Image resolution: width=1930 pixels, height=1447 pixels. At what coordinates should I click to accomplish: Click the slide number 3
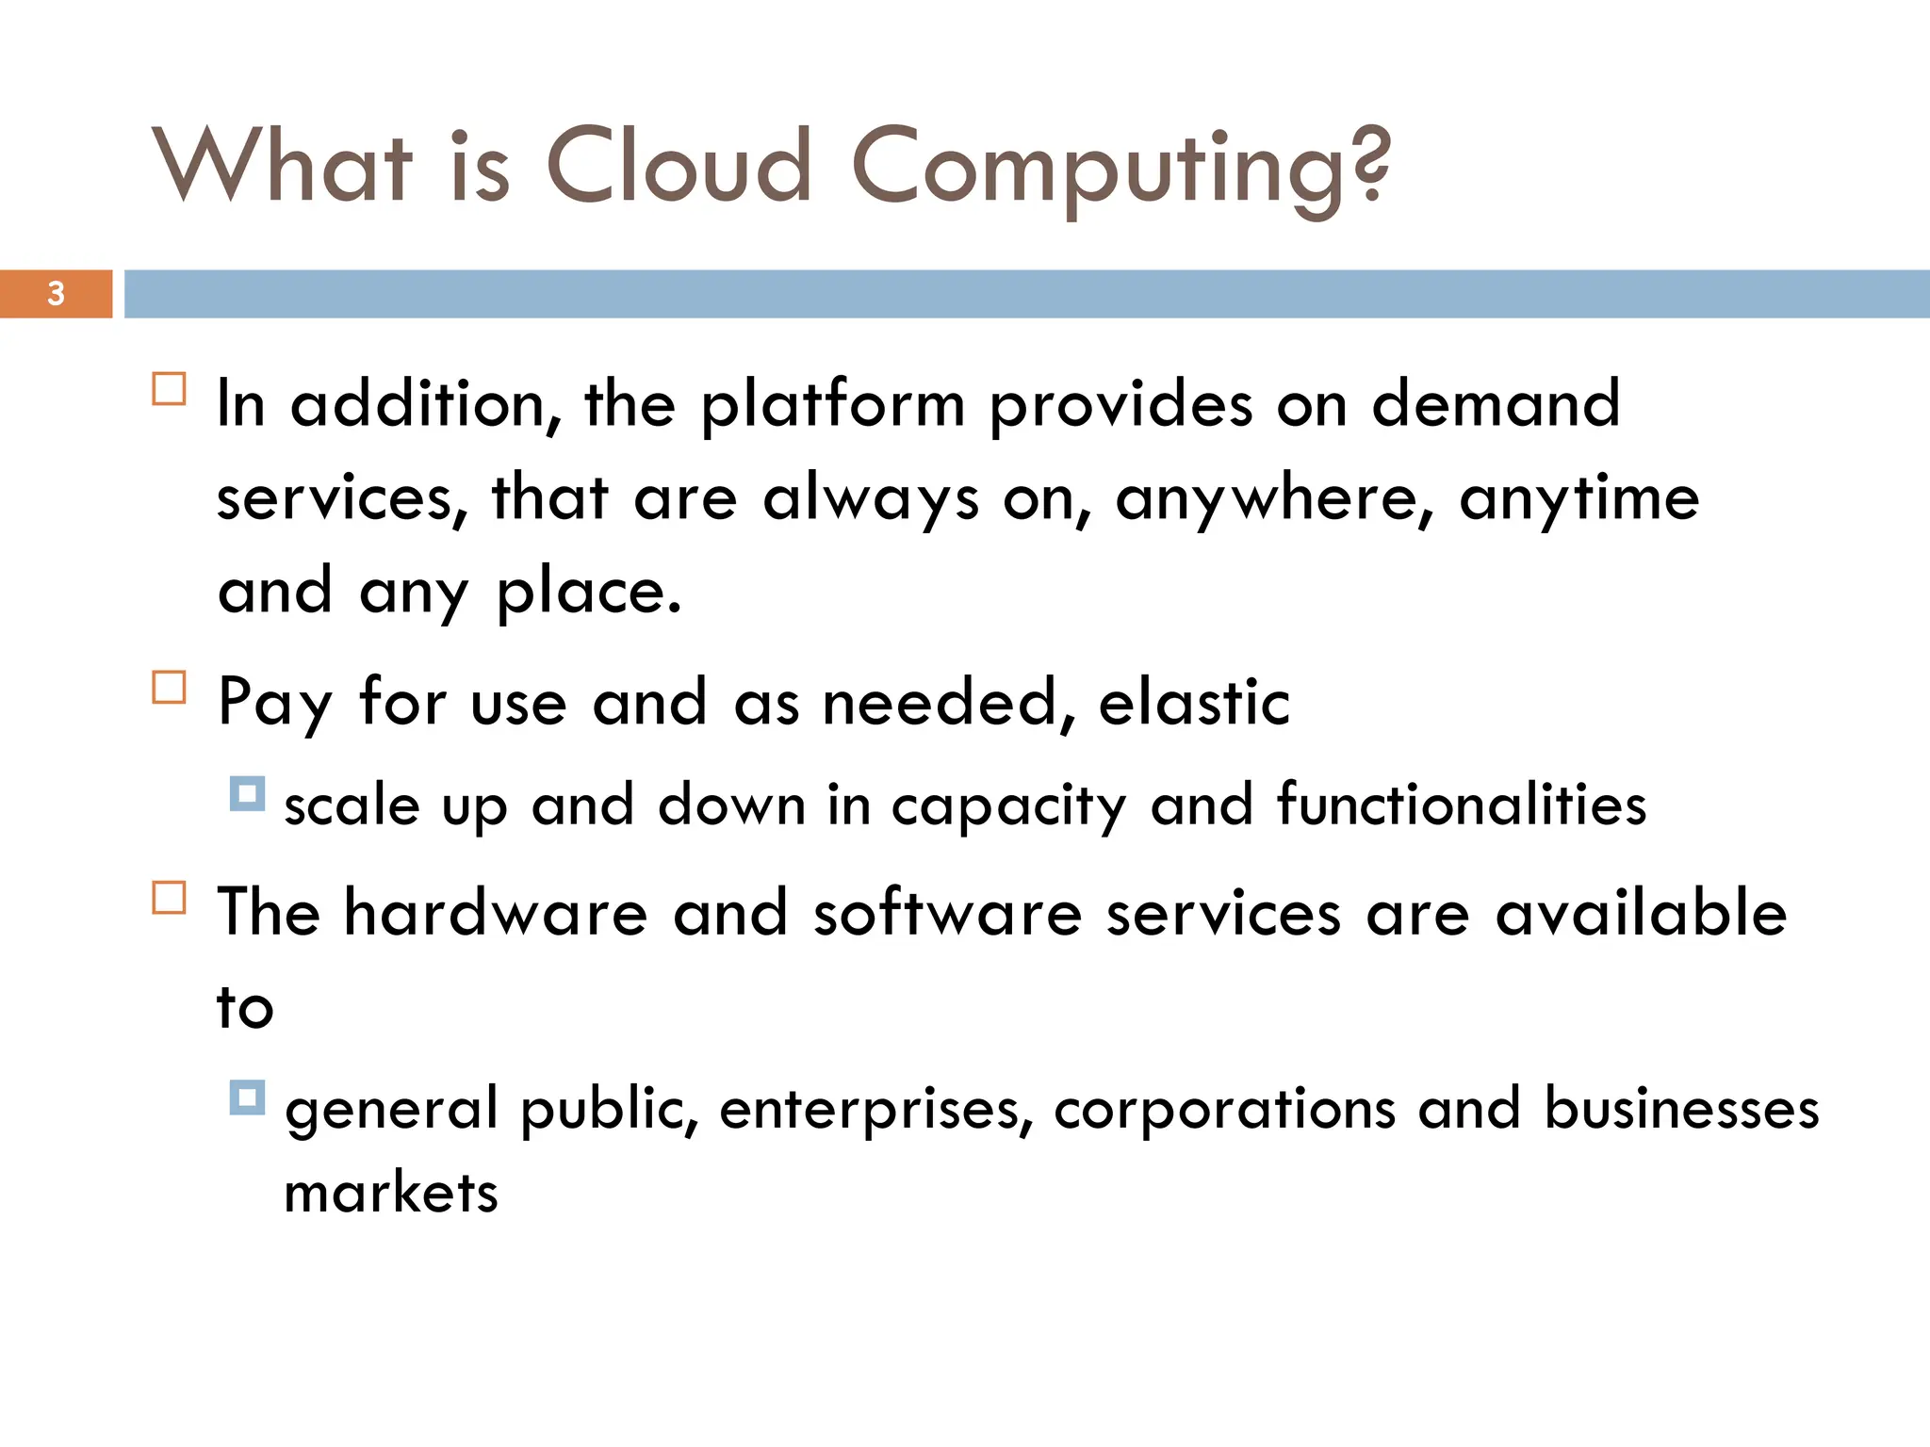(x=56, y=294)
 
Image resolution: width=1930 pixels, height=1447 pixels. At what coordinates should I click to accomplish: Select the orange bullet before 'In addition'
(x=169, y=389)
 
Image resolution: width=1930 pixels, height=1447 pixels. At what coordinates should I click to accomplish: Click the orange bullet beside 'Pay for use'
(x=169, y=688)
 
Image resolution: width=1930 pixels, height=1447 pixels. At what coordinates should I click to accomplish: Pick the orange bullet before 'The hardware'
(x=169, y=898)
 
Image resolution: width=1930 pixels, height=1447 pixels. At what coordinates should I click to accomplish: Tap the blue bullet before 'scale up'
(x=247, y=794)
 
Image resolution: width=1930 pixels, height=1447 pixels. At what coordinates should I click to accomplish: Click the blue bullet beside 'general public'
(x=247, y=1097)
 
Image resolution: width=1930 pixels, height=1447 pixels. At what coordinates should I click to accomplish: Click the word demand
(x=1496, y=403)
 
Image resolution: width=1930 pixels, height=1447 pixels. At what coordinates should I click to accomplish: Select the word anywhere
(x=1275, y=499)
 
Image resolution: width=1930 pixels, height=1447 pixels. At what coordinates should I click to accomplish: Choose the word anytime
(x=1579, y=499)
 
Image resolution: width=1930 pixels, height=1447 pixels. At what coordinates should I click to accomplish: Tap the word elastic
(x=1194, y=703)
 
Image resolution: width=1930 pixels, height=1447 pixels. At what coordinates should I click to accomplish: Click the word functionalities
(x=1462, y=805)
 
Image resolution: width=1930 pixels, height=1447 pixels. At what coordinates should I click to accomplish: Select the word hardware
(x=496, y=913)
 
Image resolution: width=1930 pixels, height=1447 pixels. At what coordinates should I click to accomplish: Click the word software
(x=947, y=913)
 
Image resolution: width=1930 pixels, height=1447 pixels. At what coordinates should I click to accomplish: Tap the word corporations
(x=1224, y=1110)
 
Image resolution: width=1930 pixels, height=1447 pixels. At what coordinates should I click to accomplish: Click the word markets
(x=390, y=1194)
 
